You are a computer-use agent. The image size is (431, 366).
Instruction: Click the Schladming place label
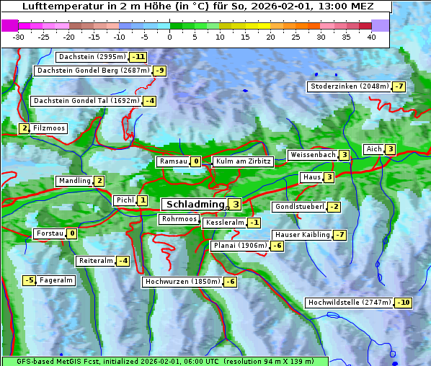[192, 205]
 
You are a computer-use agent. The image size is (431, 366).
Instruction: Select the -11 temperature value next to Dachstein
[138, 57]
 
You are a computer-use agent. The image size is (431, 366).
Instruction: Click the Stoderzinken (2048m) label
[349, 86]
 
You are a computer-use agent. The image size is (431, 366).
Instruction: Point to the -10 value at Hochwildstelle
[404, 303]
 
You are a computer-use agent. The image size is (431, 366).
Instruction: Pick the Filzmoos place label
[49, 128]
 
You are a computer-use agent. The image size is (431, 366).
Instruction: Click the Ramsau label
[173, 161]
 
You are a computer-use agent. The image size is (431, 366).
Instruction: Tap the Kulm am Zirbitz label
[243, 161]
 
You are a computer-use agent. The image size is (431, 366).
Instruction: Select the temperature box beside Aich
[390, 149]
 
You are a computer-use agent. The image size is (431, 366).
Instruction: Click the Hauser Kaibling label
[301, 235]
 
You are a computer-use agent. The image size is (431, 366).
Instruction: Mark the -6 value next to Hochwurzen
[230, 282]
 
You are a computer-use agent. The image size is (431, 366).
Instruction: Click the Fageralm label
[56, 280]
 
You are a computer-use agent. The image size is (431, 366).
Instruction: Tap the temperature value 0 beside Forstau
[72, 233]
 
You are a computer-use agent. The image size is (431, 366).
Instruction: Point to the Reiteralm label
[96, 261]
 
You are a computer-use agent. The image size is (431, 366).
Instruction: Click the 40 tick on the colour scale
[371, 37]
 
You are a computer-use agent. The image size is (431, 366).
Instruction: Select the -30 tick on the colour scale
[19, 37]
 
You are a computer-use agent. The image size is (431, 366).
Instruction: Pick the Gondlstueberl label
[298, 207]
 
